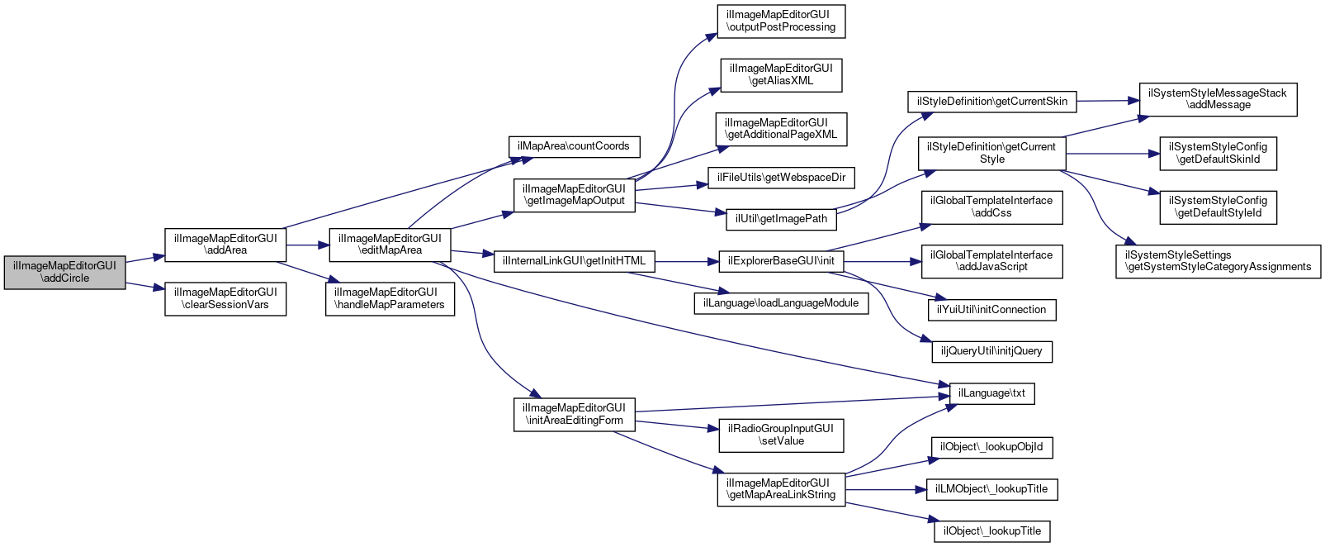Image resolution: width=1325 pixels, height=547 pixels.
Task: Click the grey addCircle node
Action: (65, 272)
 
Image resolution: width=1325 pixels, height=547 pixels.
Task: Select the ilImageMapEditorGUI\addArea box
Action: (225, 245)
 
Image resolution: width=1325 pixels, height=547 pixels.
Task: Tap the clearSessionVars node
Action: (225, 298)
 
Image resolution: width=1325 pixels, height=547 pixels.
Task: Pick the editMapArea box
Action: (390, 245)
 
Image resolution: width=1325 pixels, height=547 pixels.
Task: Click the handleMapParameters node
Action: (390, 298)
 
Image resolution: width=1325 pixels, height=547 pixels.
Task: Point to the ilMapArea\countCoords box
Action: (574, 146)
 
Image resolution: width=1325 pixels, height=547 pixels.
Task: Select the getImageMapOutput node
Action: (574, 195)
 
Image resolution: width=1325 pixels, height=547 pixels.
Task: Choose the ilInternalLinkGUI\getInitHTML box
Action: (575, 261)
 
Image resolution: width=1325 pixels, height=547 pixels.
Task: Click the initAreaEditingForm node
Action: (575, 414)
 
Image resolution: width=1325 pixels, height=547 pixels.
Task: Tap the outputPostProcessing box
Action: (781, 21)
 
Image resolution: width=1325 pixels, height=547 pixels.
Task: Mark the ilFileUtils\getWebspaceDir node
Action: (781, 178)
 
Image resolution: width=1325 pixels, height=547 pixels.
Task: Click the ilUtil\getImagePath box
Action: (781, 219)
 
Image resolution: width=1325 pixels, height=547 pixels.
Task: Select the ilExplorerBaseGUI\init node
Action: (781, 261)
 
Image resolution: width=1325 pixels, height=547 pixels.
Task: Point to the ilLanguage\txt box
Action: (991, 393)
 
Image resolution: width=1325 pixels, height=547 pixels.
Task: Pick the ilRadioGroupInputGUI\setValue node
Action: (781, 435)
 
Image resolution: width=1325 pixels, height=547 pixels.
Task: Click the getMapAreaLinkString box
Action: (781, 489)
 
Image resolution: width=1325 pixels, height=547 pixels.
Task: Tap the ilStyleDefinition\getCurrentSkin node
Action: (991, 102)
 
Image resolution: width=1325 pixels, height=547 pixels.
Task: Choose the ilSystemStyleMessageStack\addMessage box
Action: (1218, 99)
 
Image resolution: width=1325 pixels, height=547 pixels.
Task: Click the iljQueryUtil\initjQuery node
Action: (991, 351)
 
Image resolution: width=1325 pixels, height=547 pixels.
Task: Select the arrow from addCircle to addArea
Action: (145, 259)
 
